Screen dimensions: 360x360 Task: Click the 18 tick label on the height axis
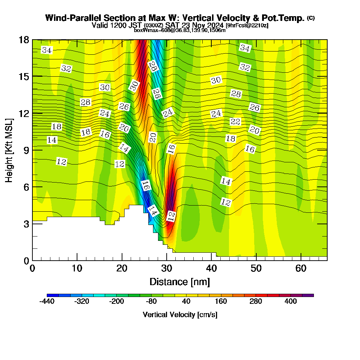[23, 40]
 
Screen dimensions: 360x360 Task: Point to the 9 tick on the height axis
[32, 150]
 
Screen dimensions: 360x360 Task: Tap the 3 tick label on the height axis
[26, 224]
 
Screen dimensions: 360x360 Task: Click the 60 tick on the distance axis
[301, 260]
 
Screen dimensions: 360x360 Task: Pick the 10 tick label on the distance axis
[77, 269]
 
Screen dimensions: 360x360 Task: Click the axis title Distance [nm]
[179, 282]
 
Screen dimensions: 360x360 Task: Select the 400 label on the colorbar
[291, 302]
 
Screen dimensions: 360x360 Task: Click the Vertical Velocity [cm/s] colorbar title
[180, 315]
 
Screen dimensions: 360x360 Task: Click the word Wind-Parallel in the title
[68, 18]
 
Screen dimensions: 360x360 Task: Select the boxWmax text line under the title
[180, 30]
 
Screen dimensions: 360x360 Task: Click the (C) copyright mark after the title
[311, 18]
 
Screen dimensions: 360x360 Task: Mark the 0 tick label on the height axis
[26, 260]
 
